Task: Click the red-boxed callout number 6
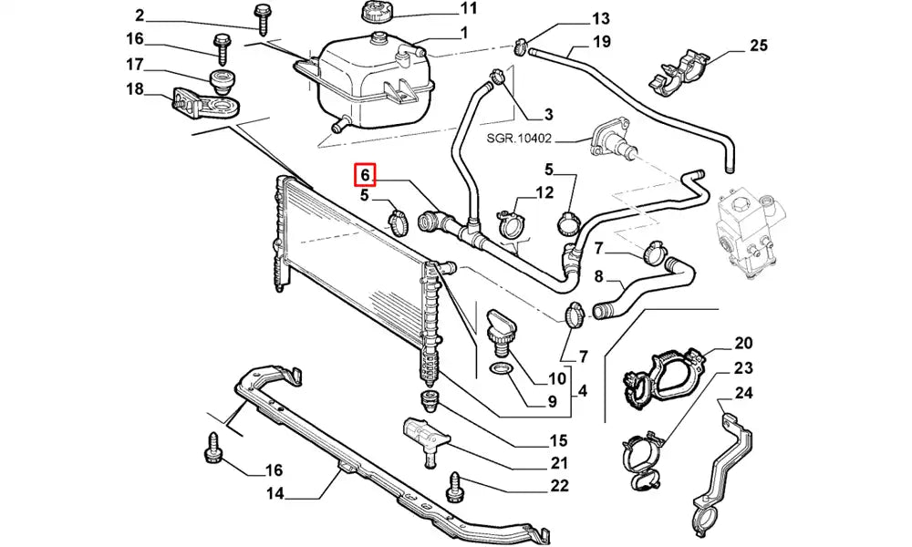pos(364,173)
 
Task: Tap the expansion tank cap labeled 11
pos(375,13)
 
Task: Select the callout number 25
pos(759,46)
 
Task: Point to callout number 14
pos(275,495)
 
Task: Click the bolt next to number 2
pos(263,20)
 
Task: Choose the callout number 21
pos(559,462)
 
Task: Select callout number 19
pos(601,41)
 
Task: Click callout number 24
pos(743,394)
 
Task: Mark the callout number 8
pos(599,277)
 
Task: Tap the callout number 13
pos(601,18)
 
